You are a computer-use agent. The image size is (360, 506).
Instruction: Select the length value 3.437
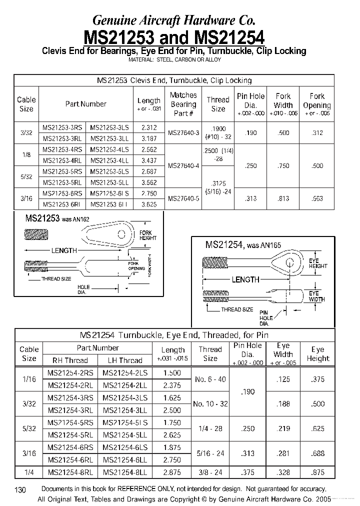(x=149, y=160)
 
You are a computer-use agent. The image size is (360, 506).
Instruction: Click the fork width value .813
(x=283, y=198)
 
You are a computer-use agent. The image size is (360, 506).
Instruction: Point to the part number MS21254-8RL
(x=70, y=472)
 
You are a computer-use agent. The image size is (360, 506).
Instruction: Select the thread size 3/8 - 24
(x=210, y=472)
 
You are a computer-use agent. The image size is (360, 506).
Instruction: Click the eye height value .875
(x=317, y=472)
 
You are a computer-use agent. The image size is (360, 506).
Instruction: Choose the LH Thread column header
(x=125, y=360)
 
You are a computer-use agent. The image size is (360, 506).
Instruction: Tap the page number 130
(x=20, y=490)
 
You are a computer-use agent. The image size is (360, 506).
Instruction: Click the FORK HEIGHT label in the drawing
(x=148, y=235)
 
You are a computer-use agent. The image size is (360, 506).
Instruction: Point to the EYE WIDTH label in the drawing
(x=317, y=296)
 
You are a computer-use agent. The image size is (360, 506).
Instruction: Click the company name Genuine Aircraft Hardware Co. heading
(x=174, y=20)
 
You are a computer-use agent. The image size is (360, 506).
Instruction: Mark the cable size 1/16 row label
(x=29, y=379)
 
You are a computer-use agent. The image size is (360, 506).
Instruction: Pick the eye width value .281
(x=283, y=453)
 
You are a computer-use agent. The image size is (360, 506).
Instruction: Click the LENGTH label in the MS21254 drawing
(x=245, y=279)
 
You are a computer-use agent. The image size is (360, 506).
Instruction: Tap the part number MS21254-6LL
(x=125, y=459)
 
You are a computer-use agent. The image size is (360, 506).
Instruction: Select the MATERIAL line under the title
(x=174, y=59)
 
